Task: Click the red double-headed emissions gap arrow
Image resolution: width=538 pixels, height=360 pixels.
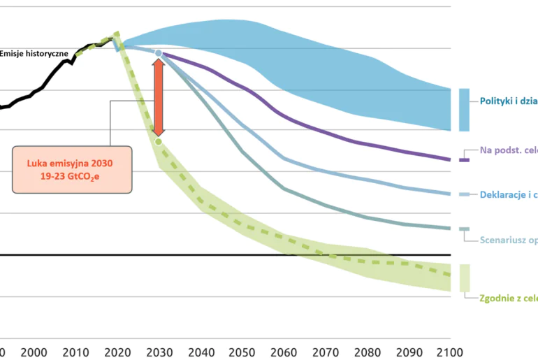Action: [x=159, y=97]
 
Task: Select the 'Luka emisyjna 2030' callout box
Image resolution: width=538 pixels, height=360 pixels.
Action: [x=72, y=169]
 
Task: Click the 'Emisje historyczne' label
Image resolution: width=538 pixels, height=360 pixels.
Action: [x=34, y=53]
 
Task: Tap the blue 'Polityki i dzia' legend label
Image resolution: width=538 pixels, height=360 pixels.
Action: [x=508, y=101]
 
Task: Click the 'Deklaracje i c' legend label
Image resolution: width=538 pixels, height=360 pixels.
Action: [x=508, y=194]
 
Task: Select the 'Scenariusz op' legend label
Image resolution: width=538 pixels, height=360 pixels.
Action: [x=508, y=240]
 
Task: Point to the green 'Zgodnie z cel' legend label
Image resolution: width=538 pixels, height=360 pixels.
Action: [x=508, y=298]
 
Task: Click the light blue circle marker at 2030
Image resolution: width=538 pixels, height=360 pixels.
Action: [x=159, y=53]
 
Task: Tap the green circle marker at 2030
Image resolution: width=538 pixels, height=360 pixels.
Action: [x=159, y=142]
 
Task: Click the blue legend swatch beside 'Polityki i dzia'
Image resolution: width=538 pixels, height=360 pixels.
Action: [x=464, y=110]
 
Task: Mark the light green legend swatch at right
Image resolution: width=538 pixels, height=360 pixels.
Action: [x=464, y=278]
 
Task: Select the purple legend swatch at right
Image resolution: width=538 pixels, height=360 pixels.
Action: [x=464, y=159]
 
